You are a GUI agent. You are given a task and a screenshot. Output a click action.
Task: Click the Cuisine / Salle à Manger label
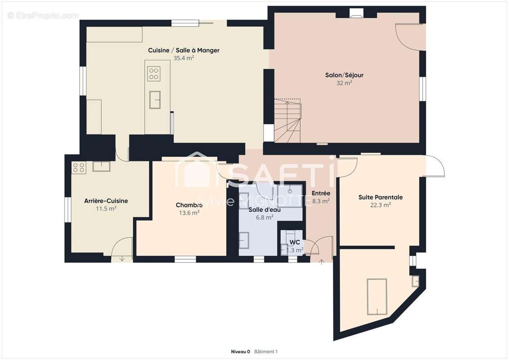point(184,50)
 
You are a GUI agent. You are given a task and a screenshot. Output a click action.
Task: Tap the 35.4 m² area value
point(184,58)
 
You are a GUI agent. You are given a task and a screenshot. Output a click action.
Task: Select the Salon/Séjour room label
point(344,75)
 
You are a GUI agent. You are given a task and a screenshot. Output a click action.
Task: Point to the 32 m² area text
point(344,83)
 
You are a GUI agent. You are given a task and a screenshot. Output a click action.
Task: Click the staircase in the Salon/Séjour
point(288,121)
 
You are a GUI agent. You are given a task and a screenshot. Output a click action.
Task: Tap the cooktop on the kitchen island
point(154,74)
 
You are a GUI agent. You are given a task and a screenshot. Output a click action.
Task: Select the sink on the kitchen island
point(155,99)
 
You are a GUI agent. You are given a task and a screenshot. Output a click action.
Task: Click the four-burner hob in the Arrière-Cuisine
point(79,167)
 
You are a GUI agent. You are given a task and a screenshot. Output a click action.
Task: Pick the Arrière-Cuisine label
point(106,201)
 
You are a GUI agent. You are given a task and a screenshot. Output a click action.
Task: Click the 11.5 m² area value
point(106,208)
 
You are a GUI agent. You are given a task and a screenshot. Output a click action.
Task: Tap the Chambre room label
point(189,205)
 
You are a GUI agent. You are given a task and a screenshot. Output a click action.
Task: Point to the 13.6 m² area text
point(189,213)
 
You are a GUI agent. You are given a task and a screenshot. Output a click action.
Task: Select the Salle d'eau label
point(265,210)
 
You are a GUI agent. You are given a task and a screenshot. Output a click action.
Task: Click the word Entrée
point(321,193)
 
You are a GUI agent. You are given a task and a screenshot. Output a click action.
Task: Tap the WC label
point(295,242)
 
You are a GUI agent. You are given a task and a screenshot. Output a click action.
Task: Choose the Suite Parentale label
point(380,198)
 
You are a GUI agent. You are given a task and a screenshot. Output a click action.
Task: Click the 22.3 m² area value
point(380,205)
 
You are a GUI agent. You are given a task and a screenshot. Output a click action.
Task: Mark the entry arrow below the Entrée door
point(322,262)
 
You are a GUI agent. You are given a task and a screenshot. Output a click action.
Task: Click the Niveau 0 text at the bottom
point(240,351)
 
